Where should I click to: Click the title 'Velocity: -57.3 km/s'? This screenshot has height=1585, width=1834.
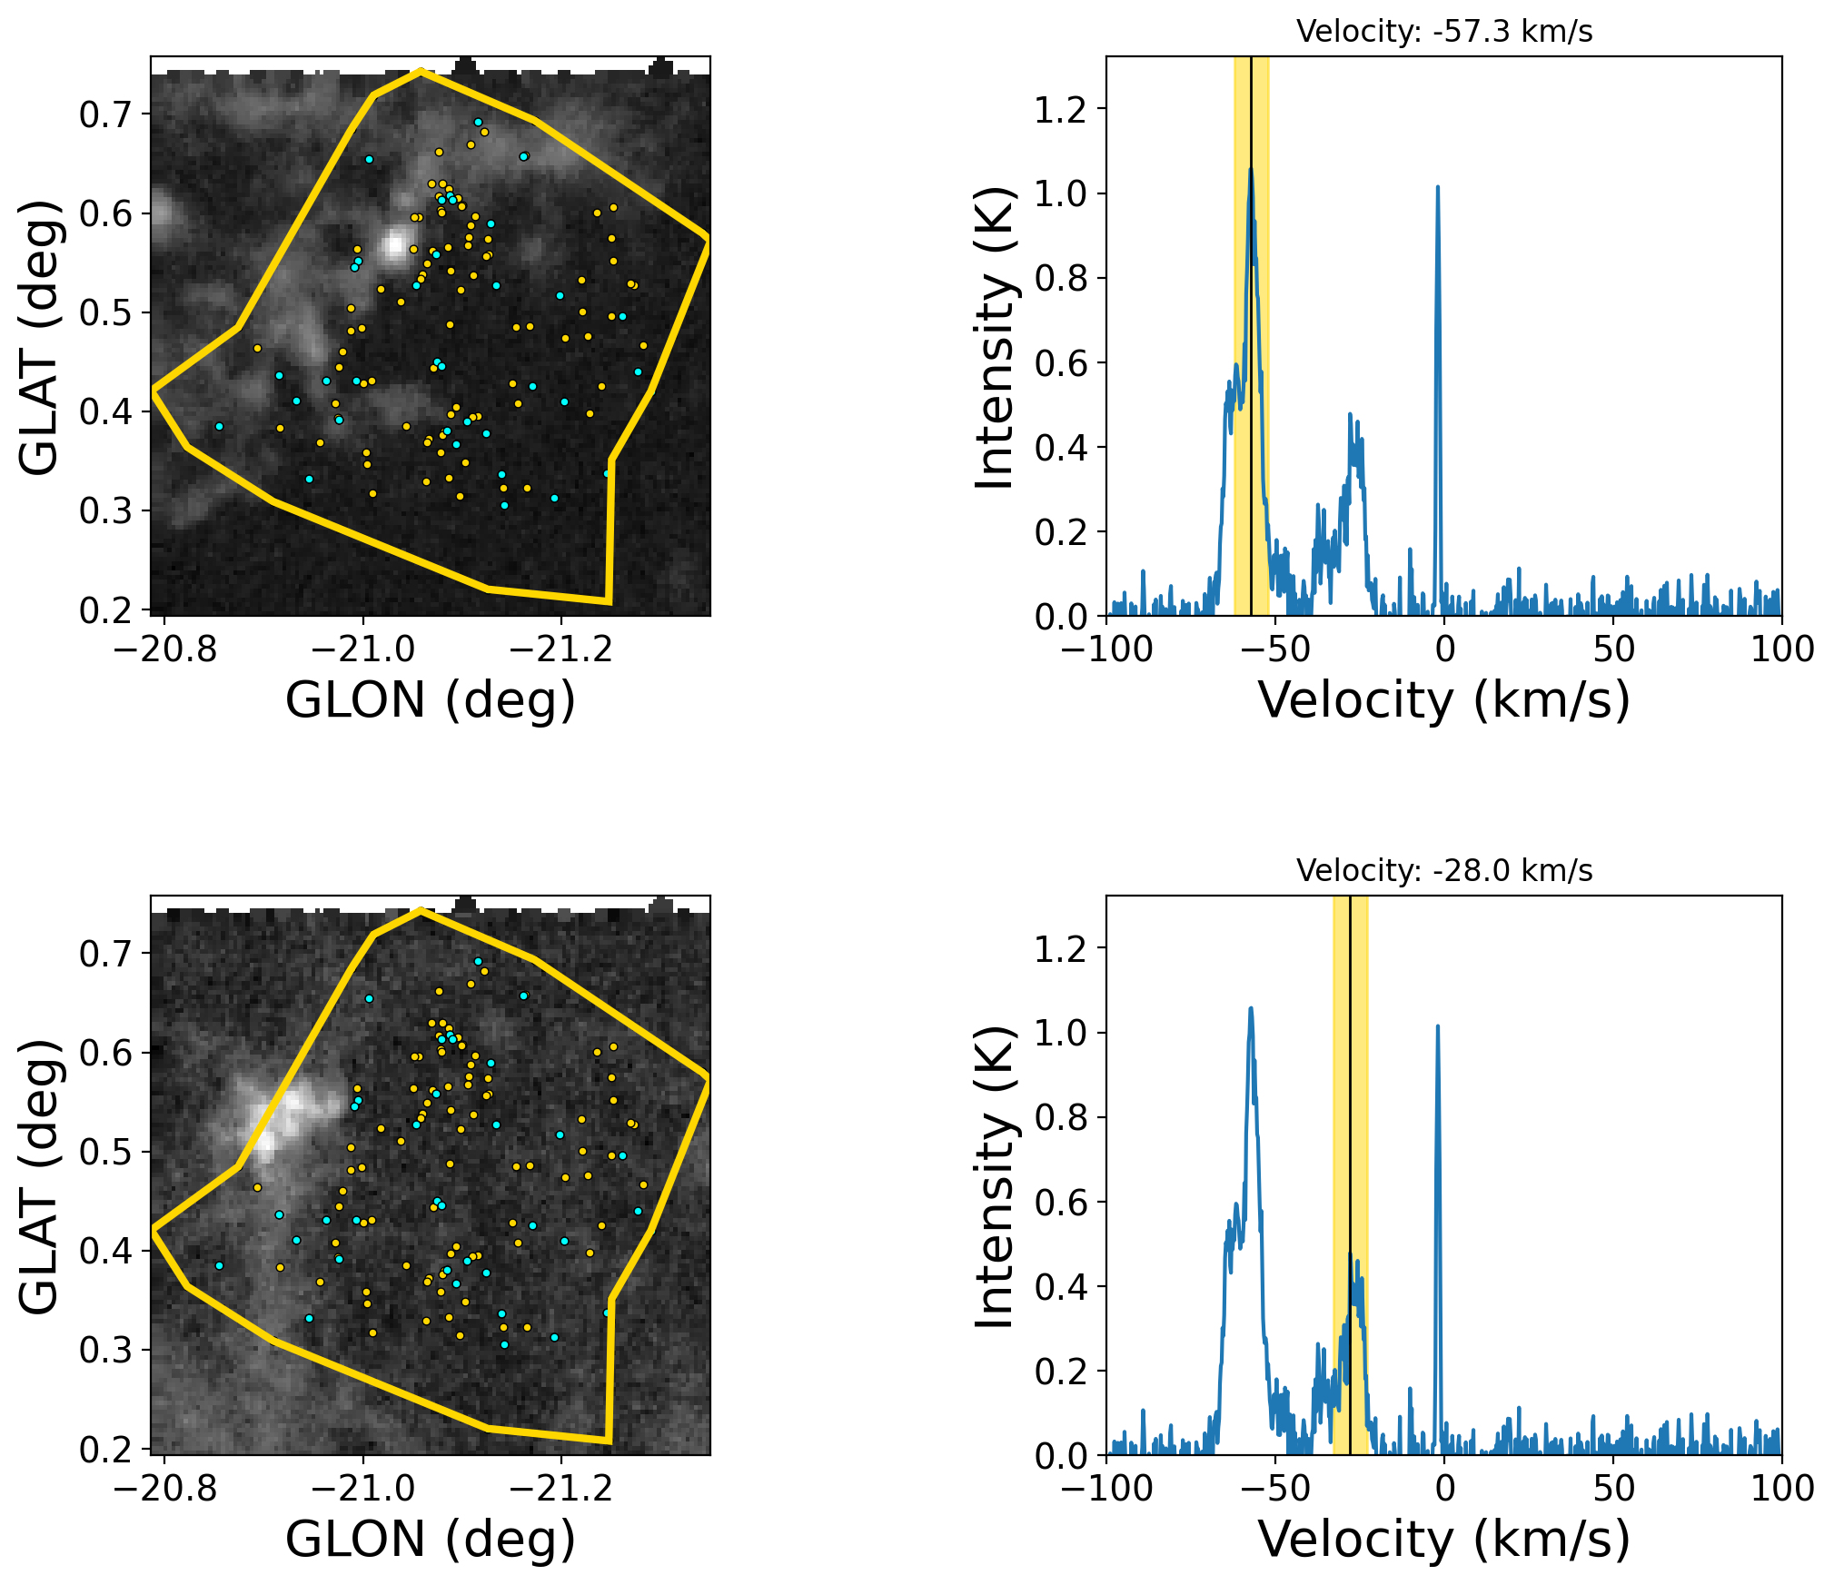coord(1443,32)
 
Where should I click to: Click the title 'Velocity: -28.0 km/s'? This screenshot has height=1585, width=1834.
coord(1443,871)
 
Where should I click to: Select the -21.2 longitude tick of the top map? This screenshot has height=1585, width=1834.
coord(561,649)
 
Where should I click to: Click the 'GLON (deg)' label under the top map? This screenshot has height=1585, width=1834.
coord(430,700)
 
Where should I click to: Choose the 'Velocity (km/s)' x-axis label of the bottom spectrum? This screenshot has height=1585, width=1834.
coord(1443,1540)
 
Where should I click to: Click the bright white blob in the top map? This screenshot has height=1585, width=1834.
coord(394,244)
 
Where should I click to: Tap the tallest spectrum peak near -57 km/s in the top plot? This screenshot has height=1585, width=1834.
coord(1250,171)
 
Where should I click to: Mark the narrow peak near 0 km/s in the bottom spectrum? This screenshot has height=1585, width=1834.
coord(1437,1028)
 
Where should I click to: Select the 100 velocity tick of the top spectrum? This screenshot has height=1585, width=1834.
coord(1781,649)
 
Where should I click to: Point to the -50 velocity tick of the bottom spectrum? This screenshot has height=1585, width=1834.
coord(1275,1489)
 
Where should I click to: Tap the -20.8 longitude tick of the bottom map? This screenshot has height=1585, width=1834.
coord(165,1489)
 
